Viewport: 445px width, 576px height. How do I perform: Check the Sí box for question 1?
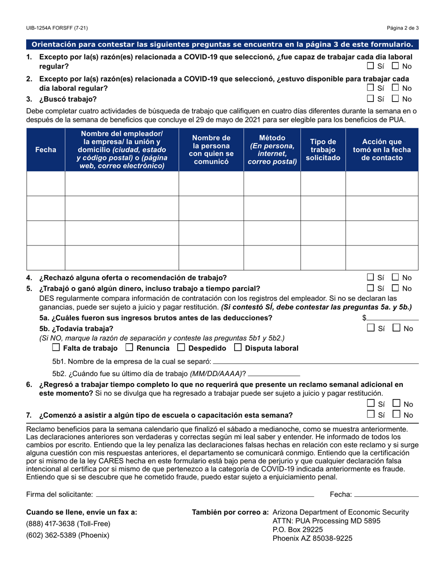pos(370,66)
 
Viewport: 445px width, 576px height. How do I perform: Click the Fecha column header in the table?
pos(46,150)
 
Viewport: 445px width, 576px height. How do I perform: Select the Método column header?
pos(272,150)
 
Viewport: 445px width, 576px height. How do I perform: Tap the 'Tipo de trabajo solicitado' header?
pos(323,150)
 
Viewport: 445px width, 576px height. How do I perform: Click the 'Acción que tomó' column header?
pos(381,150)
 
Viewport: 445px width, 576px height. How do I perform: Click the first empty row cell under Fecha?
pos(46,184)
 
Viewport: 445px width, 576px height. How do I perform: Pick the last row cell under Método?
pos(272,258)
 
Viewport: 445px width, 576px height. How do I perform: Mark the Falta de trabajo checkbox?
pos(56,348)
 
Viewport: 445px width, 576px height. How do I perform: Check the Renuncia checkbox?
pos(129,348)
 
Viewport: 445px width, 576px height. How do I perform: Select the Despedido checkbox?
pos(181,348)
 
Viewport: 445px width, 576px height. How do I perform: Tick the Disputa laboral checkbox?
pos(237,348)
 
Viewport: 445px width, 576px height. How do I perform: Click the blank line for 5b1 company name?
pos(315,363)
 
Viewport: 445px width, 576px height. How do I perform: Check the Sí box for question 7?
pos(370,414)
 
